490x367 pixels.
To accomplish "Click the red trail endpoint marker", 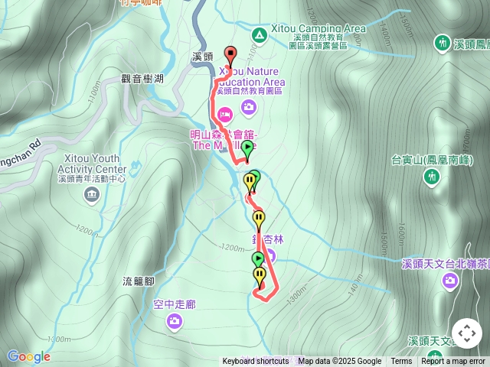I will click(230, 54).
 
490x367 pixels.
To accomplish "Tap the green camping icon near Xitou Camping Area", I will click(259, 34).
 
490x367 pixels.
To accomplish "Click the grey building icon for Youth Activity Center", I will click(92, 194).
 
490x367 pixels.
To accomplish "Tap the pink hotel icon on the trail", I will click(224, 115).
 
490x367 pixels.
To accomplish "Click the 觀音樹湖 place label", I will click(142, 78).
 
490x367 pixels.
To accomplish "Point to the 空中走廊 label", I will click(174, 304).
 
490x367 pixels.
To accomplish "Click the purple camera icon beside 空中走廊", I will click(174, 321).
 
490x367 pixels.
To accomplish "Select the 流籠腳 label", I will click(138, 281).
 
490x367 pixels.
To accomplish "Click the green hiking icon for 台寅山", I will click(432, 177).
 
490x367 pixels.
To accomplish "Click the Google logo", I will click(28, 356).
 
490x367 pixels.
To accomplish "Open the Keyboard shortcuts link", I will click(256, 362).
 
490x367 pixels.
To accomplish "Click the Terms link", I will click(401, 362).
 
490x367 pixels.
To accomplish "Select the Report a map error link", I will click(453, 362).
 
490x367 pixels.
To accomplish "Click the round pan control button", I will click(466, 333).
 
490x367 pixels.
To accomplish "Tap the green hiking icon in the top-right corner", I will click(442, 43).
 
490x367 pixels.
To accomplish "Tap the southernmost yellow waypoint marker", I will click(260, 275).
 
